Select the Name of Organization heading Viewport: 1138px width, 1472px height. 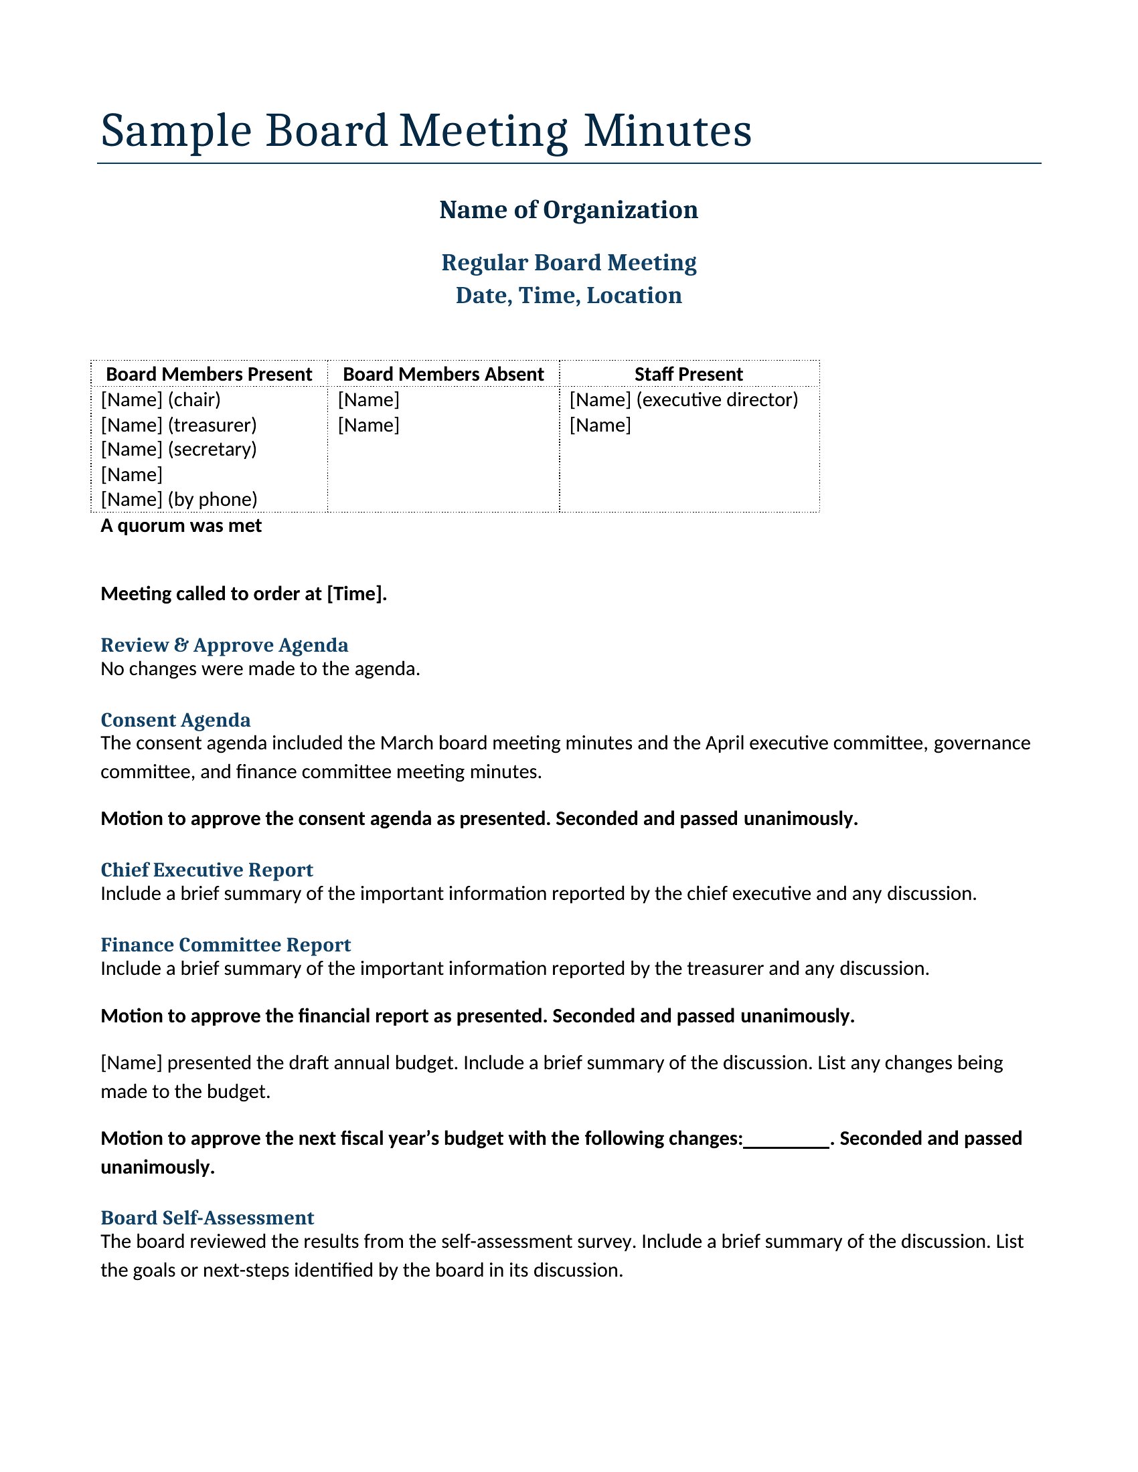tap(568, 210)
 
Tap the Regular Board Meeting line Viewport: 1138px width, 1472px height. tap(568, 263)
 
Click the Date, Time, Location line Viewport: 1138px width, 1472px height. tap(568, 296)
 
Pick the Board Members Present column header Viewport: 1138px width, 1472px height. tap(209, 374)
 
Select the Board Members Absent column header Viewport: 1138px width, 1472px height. tap(443, 374)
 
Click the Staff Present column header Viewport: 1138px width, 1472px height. tap(688, 374)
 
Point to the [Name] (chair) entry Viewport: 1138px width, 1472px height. tap(161, 399)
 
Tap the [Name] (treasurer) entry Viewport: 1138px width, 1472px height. tap(179, 426)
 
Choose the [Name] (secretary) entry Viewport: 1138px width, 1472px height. tap(179, 450)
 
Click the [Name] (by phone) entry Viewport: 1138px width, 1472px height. tap(179, 499)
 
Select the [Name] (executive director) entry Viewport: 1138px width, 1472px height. tap(683, 399)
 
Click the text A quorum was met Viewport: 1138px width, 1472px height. tap(181, 526)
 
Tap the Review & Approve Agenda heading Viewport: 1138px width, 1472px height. tap(224, 646)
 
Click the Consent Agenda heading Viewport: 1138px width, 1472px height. tap(175, 721)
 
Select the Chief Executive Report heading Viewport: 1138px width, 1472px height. tap(207, 870)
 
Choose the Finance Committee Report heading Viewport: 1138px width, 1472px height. tap(226, 945)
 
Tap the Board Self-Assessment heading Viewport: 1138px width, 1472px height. tap(207, 1218)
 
